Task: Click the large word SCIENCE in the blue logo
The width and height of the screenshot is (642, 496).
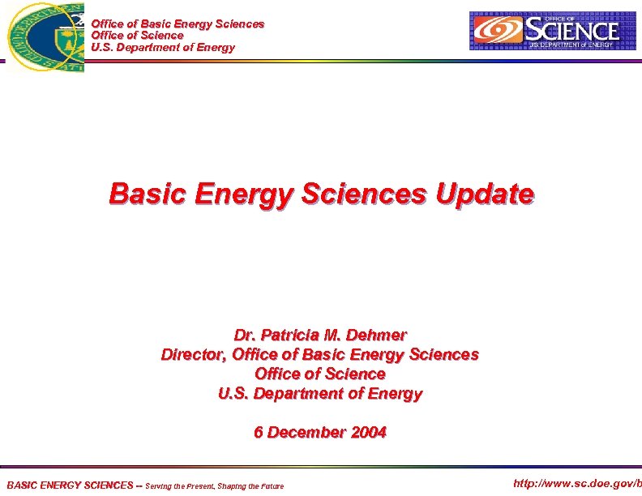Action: (572, 31)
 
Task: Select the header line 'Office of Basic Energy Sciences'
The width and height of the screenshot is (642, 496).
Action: (178, 24)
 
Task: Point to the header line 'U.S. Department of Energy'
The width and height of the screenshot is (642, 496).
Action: (163, 47)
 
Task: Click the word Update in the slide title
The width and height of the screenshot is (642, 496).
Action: (485, 194)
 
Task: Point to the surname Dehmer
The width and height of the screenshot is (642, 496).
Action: (379, 335)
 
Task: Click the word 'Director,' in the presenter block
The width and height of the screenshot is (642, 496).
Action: (194, 354)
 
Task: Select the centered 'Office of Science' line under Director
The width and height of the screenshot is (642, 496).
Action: (320, 374)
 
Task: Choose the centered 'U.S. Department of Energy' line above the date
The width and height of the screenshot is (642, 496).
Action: (320, 393)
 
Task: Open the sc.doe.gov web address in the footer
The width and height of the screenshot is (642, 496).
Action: (577, 484)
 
